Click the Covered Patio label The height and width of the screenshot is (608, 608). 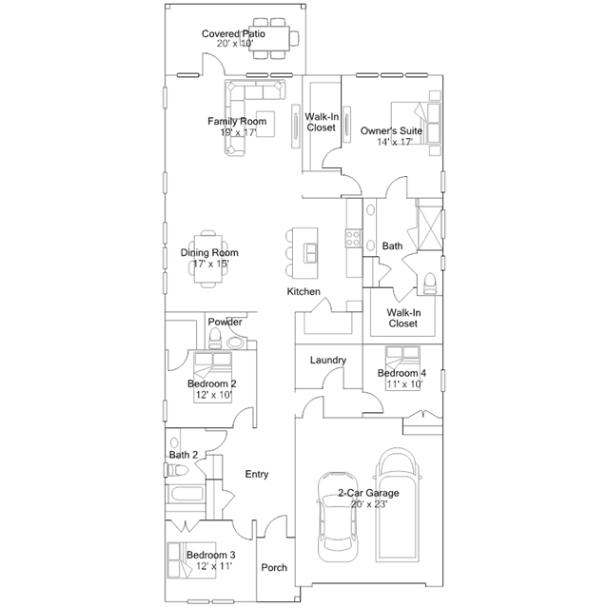(x=232, y=34)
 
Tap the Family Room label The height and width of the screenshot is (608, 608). (x=236, y=121)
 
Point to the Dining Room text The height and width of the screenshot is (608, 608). (x=209, y=253)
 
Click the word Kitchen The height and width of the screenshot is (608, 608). (x=304, y=291)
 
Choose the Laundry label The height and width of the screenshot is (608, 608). (x=327, y=361)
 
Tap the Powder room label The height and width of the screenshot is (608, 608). (x=225, y=322)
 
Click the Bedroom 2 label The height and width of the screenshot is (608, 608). (x=211, y=383)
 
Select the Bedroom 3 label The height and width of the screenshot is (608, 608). (x=210, y=555)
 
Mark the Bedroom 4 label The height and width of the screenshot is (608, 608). (x=401, y=373)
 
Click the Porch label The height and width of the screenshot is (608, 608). (x=274, y=567)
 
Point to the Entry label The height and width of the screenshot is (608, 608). (x=256, y=474)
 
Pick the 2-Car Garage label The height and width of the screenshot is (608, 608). (x=367, y=493)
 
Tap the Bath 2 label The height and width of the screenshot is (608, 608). (x=184, y=455)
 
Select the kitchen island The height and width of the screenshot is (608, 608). (x=310, y=250)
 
